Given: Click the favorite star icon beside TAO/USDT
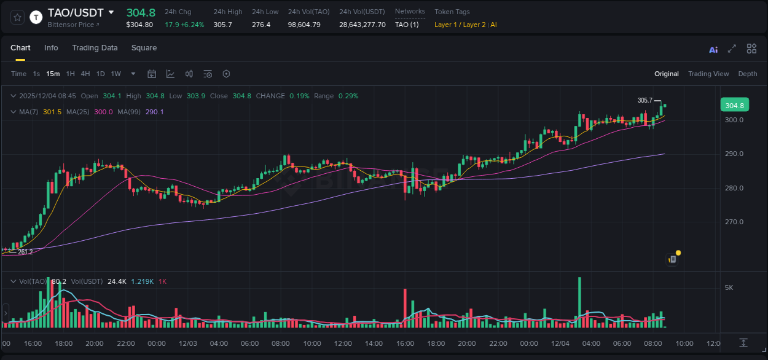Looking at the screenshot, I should click(x=17, y=17).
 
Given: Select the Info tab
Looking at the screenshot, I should click(x=51, y=48).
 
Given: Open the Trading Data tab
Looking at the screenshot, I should click(x=95, y=48).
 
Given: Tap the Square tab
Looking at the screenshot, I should click(x=144, y=48).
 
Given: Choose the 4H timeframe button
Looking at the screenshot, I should click(x=85, y=74).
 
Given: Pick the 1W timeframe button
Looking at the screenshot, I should click(x=116, y=74).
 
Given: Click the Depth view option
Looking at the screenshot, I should click(x=747, y=74).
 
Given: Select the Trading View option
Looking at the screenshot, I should click(x=708, y=74).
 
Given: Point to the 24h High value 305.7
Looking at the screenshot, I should click(x=222, y=25).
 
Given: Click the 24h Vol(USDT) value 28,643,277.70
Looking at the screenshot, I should click(x=362, y=25).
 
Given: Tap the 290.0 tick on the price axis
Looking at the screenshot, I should click(x=734, y=154).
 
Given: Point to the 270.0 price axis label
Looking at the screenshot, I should click(x=734, y=222).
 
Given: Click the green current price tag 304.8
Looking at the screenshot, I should click(x=734, y=105).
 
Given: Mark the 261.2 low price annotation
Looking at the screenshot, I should click(x=25, y=252).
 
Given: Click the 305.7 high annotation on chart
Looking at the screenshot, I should click(x=645, y=100).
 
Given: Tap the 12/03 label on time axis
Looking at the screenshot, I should click(x=187, y=343).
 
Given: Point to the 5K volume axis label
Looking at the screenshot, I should click(x=729, y=288).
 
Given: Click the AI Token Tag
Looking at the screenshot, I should click(x=493, y=25).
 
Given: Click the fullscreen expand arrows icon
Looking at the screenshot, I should click(x=732, y=49).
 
